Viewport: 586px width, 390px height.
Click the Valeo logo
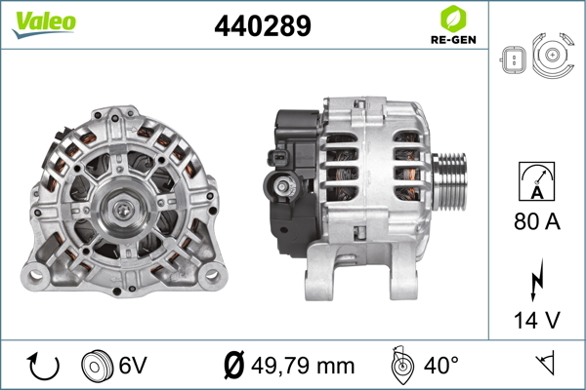pos(44,23)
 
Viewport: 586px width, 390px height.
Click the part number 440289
pos(263,26)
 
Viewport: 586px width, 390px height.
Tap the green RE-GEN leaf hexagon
pos(453,19)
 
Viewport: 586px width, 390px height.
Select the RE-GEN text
pos(453,40)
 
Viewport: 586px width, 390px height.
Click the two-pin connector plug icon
pos(513,59)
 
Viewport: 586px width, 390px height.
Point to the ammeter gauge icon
pos(536,181)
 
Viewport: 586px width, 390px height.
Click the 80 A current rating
pos(537,221)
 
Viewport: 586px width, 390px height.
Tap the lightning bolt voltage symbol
pos(536,279)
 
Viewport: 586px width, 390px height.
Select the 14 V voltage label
pos(537,320)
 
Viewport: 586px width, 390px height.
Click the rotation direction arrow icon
pos(43,367)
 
